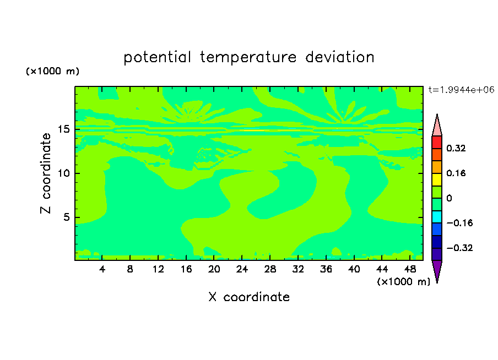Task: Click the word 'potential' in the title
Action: (x=157, y=58)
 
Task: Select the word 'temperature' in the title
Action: (x=248, y=57)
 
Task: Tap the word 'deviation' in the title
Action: (x=340, y=57)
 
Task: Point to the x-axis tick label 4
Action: (x=102, y=269)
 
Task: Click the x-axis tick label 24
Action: (x=242, y=269)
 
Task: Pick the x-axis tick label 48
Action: (x=410, y=269)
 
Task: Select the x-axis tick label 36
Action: (x=326, y=269)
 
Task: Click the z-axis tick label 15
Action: (x=63, y=129)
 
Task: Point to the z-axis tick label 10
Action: (x=63, y=173)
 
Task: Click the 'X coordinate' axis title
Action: (x=249, y=297)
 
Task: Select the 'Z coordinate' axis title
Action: (x=45, y=173)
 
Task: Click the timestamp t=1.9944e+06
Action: (x=461, y=90)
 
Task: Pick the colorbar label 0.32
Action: (x=456, y=148)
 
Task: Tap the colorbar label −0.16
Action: (x=459, y=223)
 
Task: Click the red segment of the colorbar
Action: (x=437, y=142)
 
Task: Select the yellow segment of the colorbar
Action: (x=437, y=179)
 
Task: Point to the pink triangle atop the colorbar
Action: (x=437, y=126)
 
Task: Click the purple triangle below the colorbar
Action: (x=437, y=271)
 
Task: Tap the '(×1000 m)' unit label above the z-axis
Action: (x=52, y=71)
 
